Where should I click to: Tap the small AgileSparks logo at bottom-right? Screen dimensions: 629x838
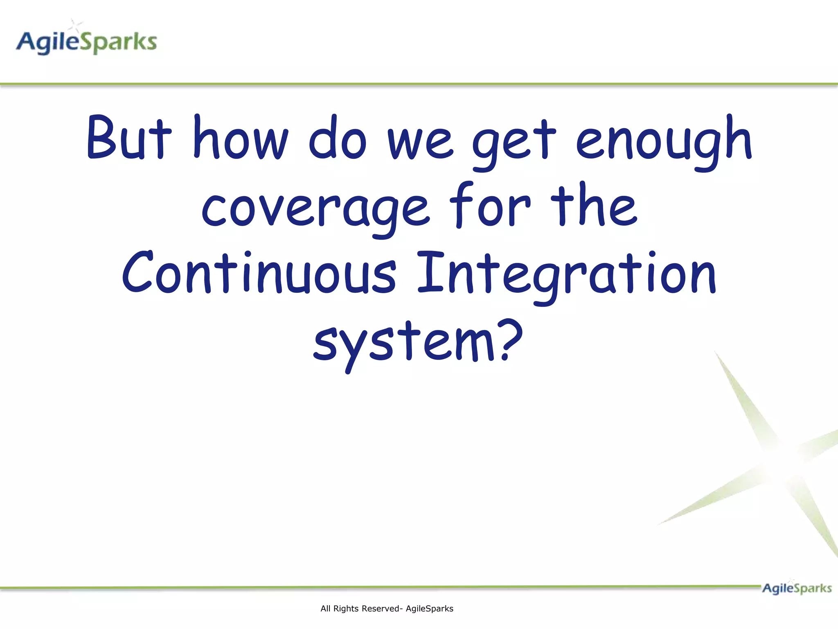click(796, 588)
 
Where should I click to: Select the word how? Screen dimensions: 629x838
click(241, 138)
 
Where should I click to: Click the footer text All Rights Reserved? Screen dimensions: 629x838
click(387, 609)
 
